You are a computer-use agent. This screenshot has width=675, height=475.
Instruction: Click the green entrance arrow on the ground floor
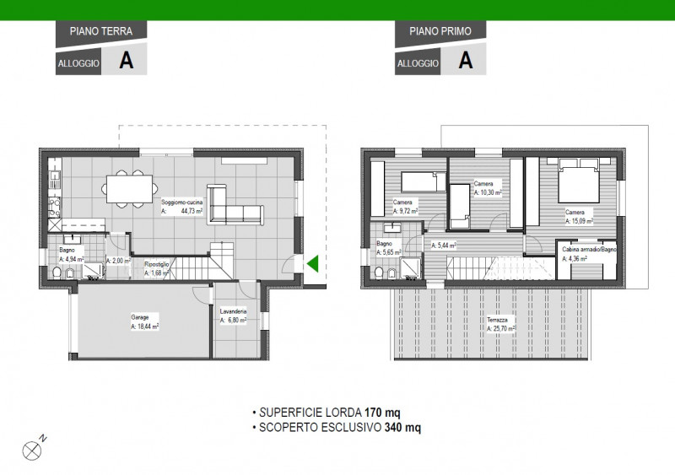[x=311, y=265]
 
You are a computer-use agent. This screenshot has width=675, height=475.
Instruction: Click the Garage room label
[x=139, y=318]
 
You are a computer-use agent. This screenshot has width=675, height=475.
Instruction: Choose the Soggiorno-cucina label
[x=182, y=202]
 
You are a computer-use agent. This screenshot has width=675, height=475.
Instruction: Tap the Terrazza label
[x=497, y=321]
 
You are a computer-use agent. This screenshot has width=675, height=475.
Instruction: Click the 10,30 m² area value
[x=489, y=193]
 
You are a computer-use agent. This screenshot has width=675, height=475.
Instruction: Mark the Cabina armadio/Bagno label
[x=589, y=250]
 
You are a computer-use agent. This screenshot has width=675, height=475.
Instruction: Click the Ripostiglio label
[x=158, y=263]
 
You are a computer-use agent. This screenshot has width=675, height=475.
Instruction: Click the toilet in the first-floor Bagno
[x=381, y=273]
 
